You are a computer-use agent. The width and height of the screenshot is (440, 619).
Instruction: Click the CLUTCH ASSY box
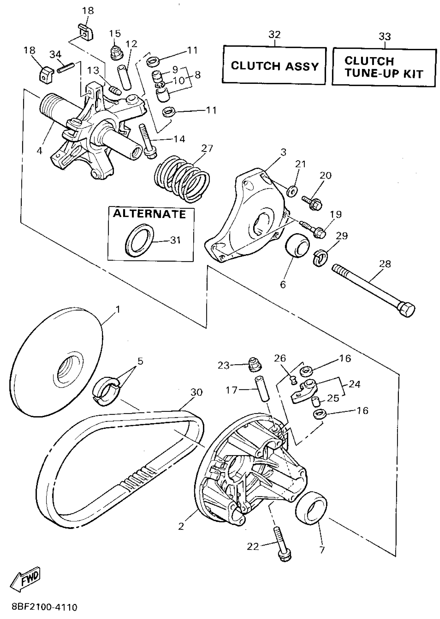[x=274, y=65]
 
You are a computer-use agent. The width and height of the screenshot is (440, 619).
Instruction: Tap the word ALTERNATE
[x=149, y=214]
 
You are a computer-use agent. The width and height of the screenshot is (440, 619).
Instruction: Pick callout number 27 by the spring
[x=207, y=149]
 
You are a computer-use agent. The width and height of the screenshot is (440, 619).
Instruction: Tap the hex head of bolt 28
[x=406, y=309]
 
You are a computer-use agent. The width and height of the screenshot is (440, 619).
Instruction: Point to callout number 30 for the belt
[x=196, y=392]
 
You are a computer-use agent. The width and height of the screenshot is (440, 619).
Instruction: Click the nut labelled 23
[x=255, y=364]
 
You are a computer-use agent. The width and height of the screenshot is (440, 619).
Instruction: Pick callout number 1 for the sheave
[x=118, y=310]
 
